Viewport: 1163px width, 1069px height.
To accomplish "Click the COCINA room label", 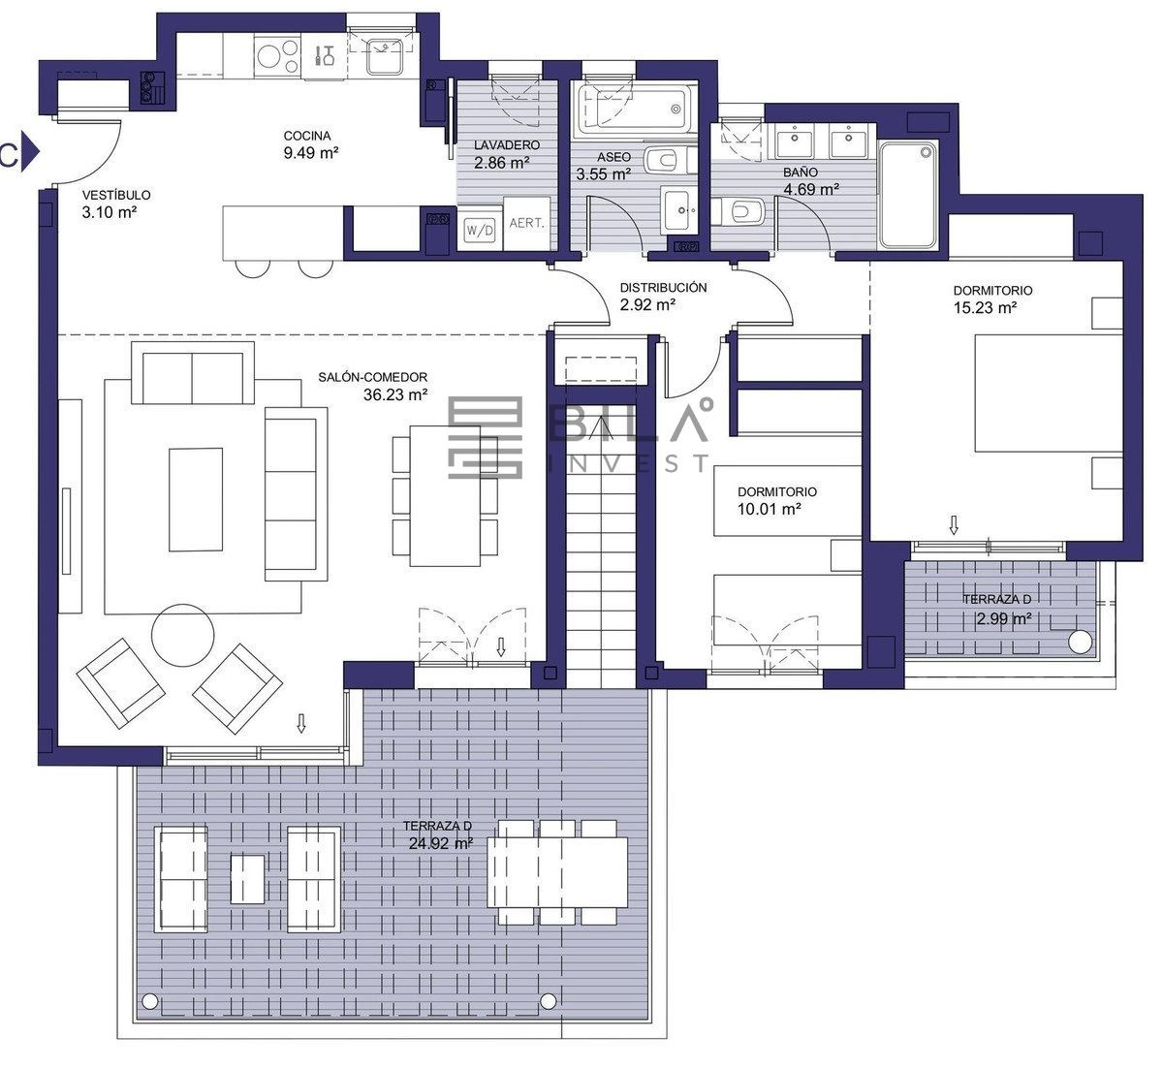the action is (306, 136).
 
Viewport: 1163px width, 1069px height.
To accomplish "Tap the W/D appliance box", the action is (480, 231).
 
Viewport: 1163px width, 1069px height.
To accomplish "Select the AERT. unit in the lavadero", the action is (526, 223).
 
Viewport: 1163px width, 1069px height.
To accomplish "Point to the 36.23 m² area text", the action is (395, 394).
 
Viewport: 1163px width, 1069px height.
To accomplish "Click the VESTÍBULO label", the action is (116, 195).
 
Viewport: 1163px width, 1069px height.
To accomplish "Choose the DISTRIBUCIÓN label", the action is (663, 287).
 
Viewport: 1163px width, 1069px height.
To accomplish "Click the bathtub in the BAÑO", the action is (908, 195).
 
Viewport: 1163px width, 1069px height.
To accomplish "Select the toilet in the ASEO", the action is (668, 160).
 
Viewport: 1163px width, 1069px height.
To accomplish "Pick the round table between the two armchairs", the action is (182, 636).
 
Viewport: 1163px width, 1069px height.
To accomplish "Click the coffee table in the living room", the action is (196, 499).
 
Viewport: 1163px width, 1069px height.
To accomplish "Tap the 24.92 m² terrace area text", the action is (440, 843).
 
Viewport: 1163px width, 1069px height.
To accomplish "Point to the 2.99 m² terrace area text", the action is (1004, 618).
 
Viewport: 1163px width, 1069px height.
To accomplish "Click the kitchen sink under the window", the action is (385, 56).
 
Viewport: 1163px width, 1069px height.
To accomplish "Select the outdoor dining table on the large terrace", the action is (557, 872).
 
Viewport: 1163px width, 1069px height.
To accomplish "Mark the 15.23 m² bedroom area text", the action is (985, 307).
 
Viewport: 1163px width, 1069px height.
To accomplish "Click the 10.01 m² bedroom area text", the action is (770, 509).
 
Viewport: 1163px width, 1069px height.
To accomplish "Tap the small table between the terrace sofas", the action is (247, 879).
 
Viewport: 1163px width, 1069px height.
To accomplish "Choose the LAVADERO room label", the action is (507, 145).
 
